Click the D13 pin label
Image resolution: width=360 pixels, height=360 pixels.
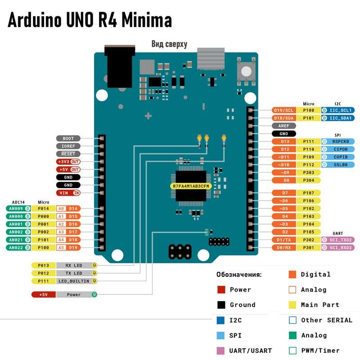click(x=285, y=141)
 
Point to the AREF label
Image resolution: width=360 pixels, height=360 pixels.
click(x=284, y=126)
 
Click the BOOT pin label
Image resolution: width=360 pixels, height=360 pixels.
click(x=68, y=139)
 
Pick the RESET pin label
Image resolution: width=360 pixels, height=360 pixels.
click(x=68, y=154)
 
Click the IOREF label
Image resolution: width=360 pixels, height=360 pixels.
click(x=68, y=146)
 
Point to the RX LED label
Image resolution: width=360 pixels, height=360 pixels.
click(x=74, y=265)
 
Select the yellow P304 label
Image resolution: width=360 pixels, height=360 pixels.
click(x=309, y=180)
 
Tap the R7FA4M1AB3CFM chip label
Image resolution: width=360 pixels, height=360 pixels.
click(x=191, y=186)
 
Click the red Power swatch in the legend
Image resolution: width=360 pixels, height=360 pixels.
click(x=221, y=289)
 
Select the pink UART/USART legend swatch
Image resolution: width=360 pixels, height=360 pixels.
click(x=221, y=351)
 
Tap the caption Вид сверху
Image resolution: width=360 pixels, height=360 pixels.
click(x=169, y=44)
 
